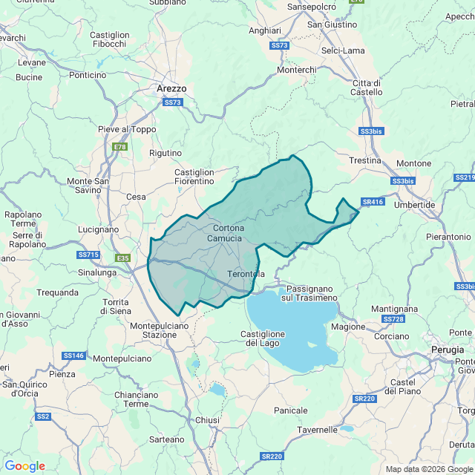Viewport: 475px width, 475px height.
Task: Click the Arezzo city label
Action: [x=171, y=88]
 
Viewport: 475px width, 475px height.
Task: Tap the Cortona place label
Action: [x=229, y=228]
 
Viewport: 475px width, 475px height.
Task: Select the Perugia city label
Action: [x=448, y=349]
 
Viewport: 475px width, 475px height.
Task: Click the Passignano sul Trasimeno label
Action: [x=309, y=292]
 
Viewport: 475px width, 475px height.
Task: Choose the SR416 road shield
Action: [x=373, y=201]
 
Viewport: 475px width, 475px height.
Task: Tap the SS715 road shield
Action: [x=88, y=255]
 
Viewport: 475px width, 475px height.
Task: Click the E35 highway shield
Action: [x=123, y=258]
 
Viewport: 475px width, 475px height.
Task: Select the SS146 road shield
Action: [x=74, y=356]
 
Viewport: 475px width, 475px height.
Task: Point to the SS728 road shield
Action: [x=393, y=318]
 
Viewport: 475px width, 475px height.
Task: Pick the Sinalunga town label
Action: [x=97, y=272]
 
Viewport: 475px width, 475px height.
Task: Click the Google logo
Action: [x=24, y=466]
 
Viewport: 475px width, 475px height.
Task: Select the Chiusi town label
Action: [x=208, y=420]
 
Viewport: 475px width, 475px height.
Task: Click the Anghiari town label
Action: [x=265, y=30]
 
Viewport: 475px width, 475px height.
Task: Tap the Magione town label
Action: [x=348, y=327]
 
